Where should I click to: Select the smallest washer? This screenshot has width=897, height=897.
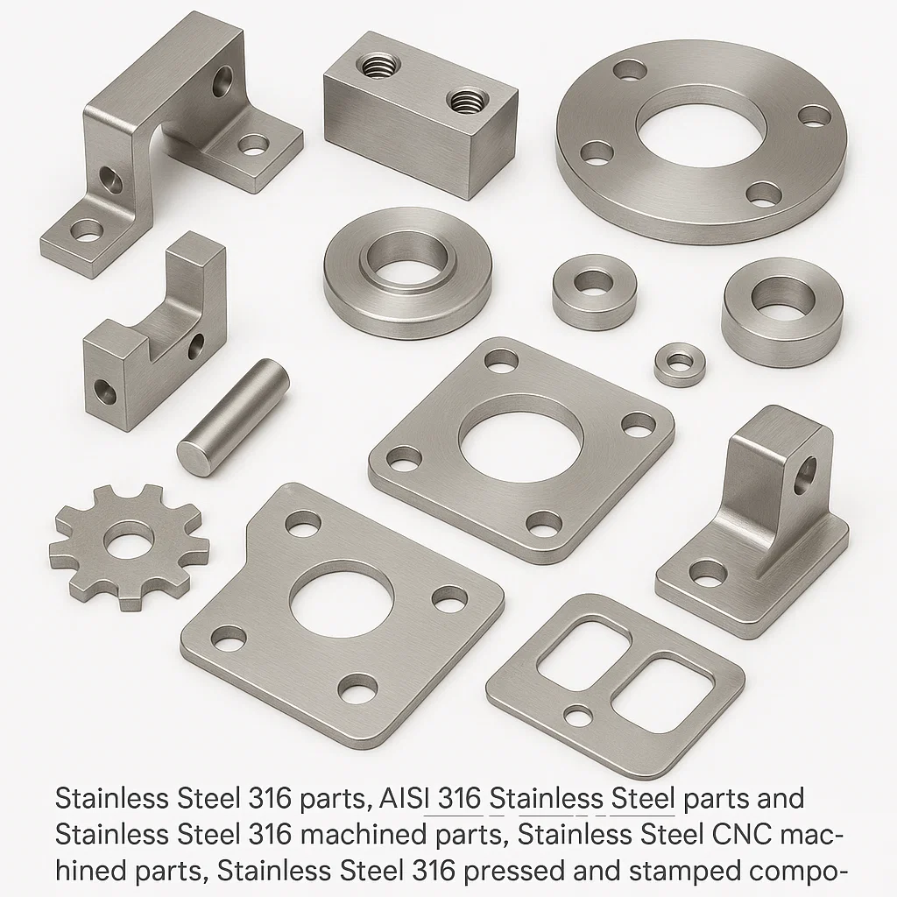(680, 364)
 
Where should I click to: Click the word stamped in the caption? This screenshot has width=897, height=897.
(668, 872)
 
